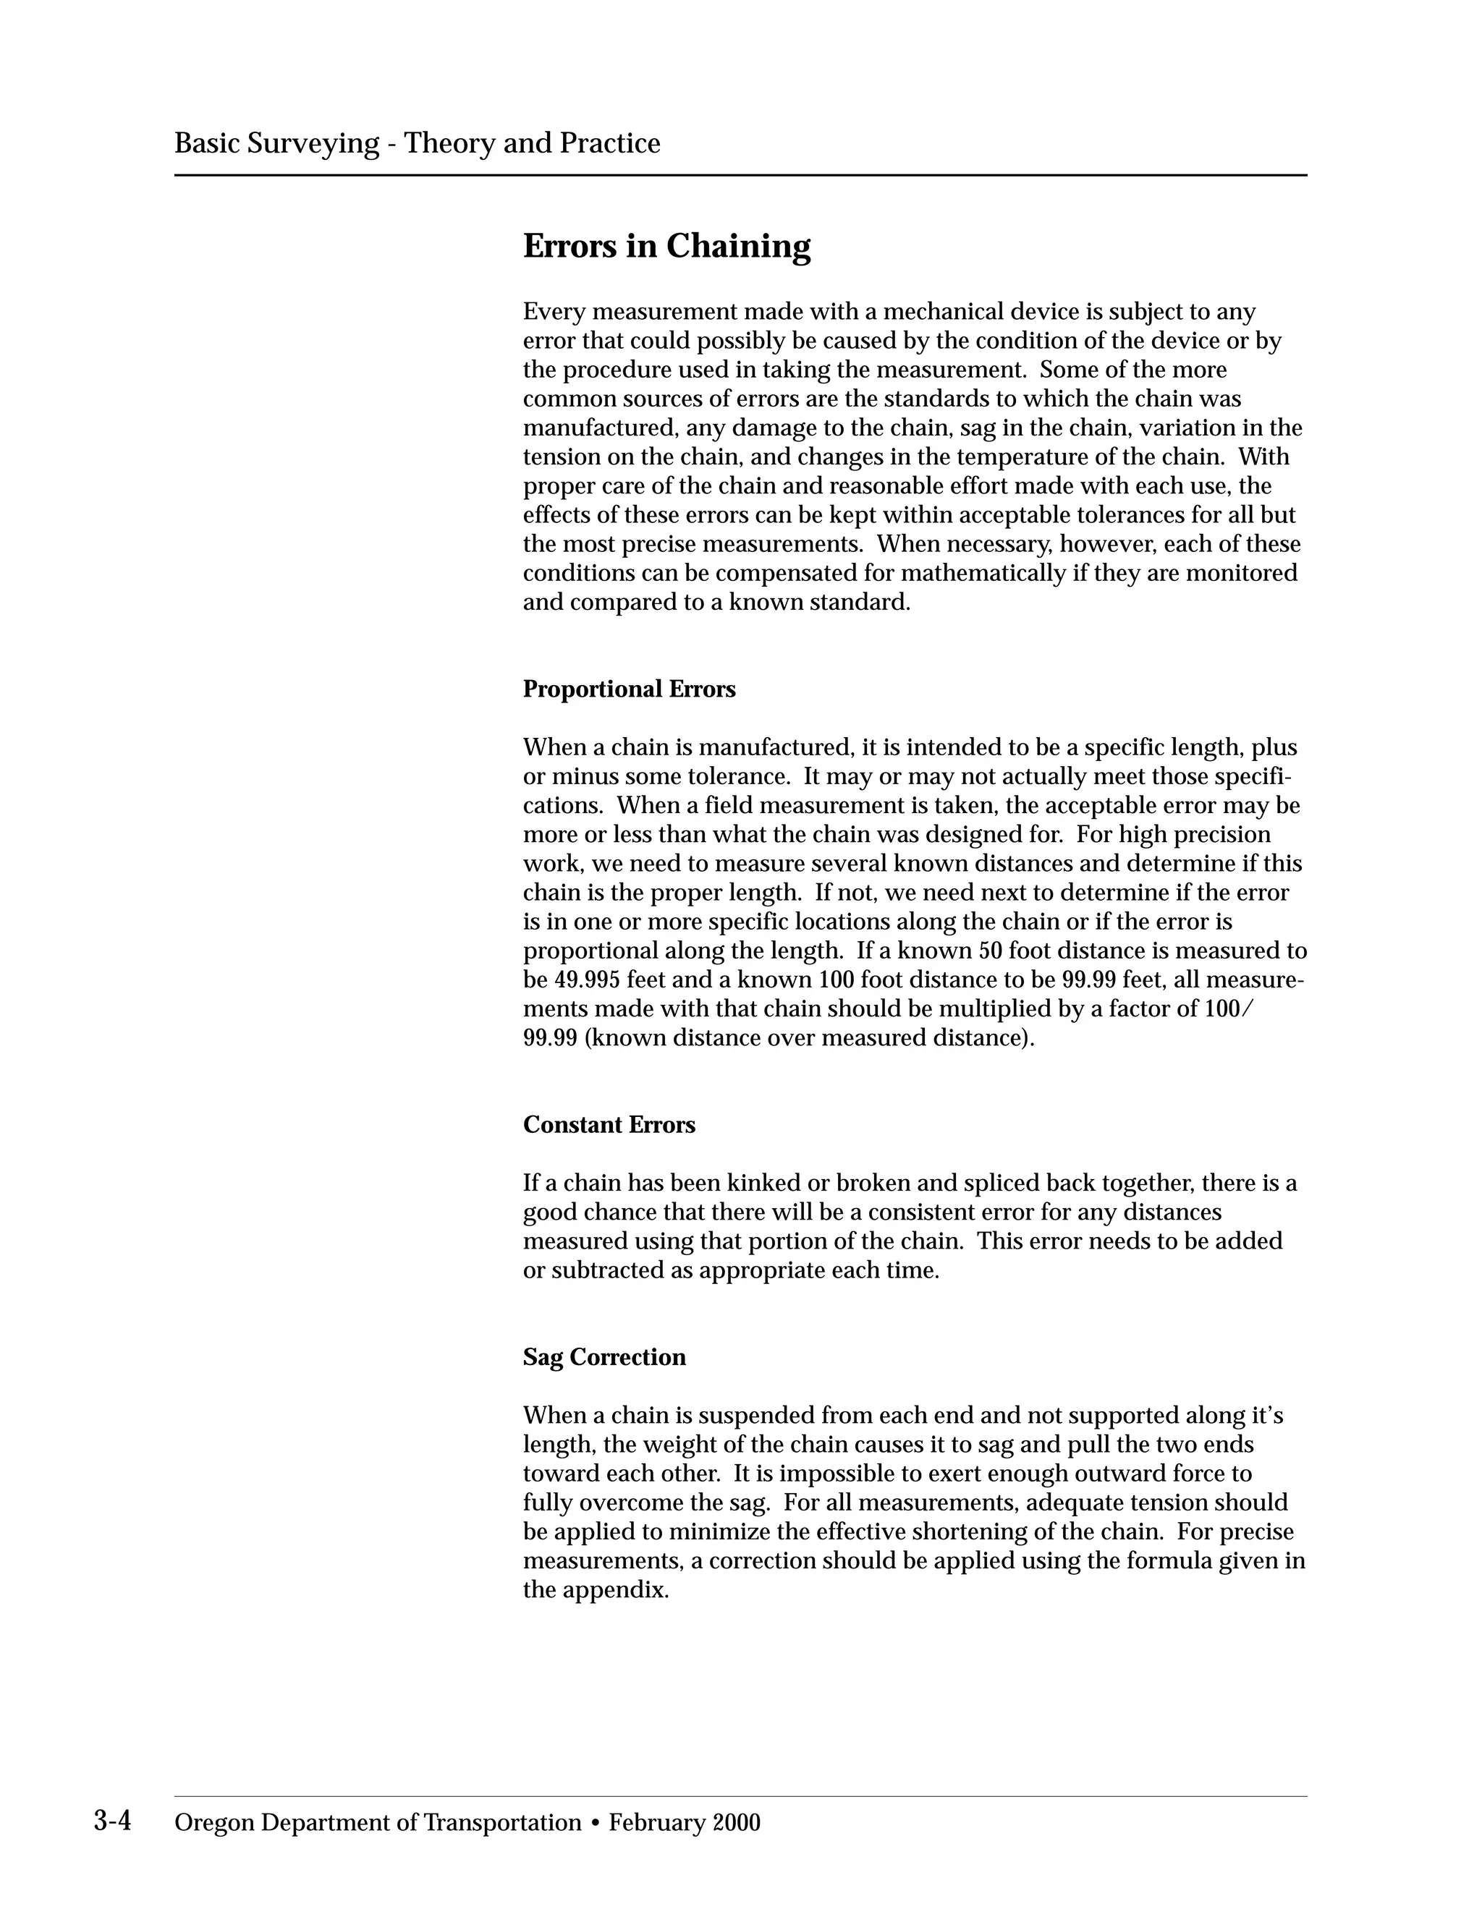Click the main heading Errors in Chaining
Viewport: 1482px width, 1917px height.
666,246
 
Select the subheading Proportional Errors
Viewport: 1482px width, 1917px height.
629,689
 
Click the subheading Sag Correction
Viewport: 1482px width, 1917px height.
604,1357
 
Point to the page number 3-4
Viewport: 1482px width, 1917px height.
112,1822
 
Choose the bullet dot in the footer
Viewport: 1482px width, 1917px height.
596,1823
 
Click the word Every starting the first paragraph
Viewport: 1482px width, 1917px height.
554,312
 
